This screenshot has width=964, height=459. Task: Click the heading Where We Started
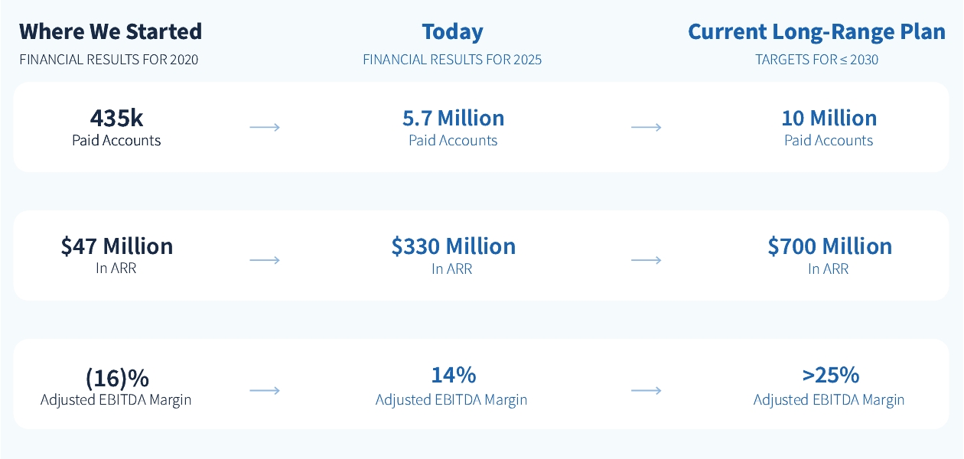(110, 32)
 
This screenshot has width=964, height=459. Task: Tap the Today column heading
(452, 32)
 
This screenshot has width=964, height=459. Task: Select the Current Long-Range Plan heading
(816, 32)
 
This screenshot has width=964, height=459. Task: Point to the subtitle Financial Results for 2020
(109, 60)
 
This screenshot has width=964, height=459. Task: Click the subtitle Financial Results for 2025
(452, 60)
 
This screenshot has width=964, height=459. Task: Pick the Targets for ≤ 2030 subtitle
(816, 60)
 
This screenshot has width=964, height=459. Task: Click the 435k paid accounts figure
(116, 118)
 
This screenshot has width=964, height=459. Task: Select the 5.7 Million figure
(453, 118)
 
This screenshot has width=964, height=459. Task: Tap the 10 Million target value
(829, 118)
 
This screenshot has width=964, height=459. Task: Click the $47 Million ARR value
(116, 246)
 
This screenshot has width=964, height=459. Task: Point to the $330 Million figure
(453, 246)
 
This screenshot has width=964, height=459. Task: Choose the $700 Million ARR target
(829, 246)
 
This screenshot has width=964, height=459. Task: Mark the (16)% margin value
(116, 378)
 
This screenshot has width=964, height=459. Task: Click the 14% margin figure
(453, 375)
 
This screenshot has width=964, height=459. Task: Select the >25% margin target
(830, 375)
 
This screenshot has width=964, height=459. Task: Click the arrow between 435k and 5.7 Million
(265, 127)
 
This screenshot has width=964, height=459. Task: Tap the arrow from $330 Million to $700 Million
(646, 260)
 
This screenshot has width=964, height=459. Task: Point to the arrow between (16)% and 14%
(265, 391)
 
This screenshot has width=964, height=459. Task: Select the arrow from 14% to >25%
(646, 391)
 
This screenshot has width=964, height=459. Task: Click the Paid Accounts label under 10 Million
(829, 141)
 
